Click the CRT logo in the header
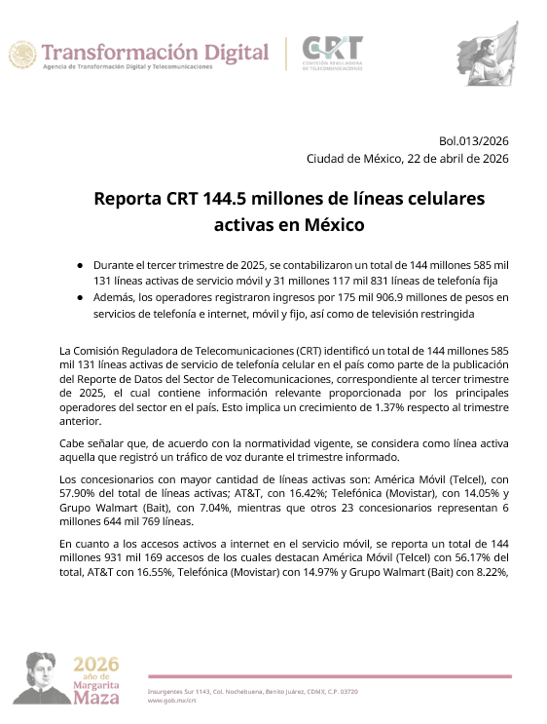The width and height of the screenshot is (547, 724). [332, 53]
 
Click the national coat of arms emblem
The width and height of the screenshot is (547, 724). [22, 55]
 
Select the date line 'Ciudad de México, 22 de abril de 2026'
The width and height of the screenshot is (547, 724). [407, 159]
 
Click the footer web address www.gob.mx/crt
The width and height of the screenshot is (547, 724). [169, 700]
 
